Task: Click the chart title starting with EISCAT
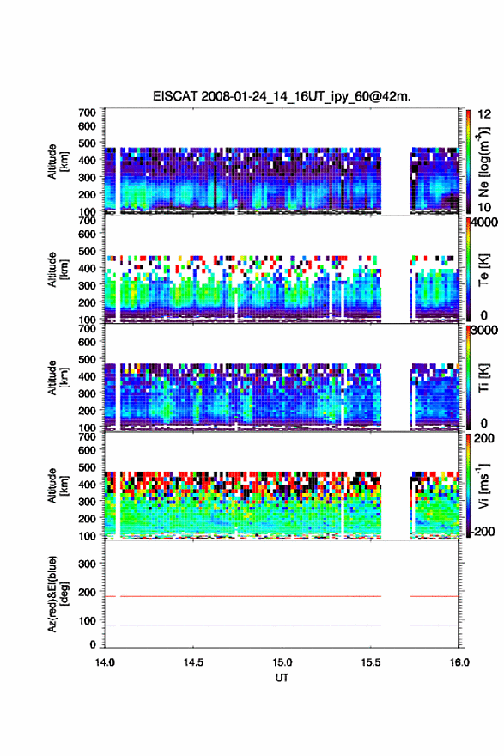[282, 96]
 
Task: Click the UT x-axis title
[282, 678]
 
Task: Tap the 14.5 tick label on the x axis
[193, 662]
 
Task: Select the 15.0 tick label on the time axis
[282, 662]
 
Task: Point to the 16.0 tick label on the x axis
[459, 662]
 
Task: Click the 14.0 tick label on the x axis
[105, 662]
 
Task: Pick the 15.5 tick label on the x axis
[371, 662]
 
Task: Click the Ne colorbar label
[483, 162]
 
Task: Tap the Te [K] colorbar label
[483, 270]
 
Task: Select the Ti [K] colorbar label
[483, 378]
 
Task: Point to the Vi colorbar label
[483, 486]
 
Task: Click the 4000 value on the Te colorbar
[484, 223]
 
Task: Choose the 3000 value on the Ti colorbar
[484, 331]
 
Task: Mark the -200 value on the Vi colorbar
[483, 531]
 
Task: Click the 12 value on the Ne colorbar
[484, 114]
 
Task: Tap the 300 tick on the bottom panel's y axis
[87, 564]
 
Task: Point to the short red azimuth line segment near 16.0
[434, 596]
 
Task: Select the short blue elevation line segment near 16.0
[434, 625]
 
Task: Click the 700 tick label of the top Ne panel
[87, 113]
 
